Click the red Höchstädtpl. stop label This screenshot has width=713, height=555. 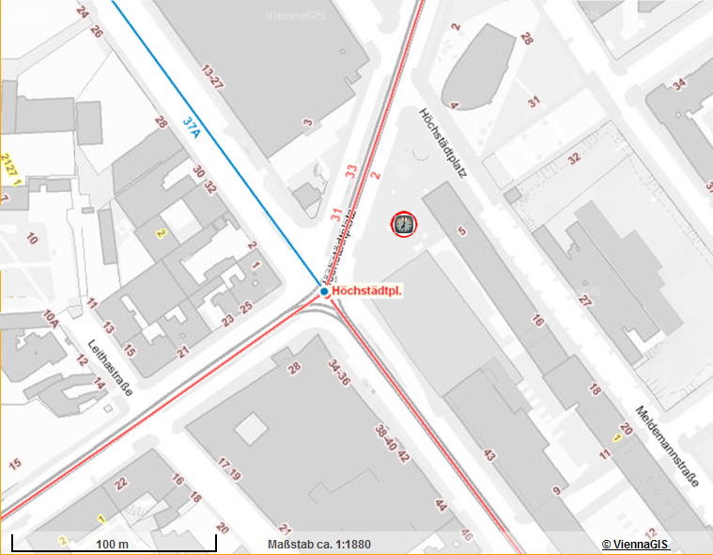[367, 292]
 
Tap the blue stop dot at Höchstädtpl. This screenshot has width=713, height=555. [324, 292]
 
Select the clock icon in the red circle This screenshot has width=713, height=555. [404, 224]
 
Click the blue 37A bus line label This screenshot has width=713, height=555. [193, 127]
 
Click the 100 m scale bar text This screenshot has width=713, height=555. [112, 545]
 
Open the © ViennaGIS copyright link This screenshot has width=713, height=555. [635, 545]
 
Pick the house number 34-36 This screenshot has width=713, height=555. [338, 372]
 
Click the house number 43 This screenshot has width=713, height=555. [488, 455]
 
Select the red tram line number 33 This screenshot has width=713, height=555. [352, 170]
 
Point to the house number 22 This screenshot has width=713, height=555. [120, 484]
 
